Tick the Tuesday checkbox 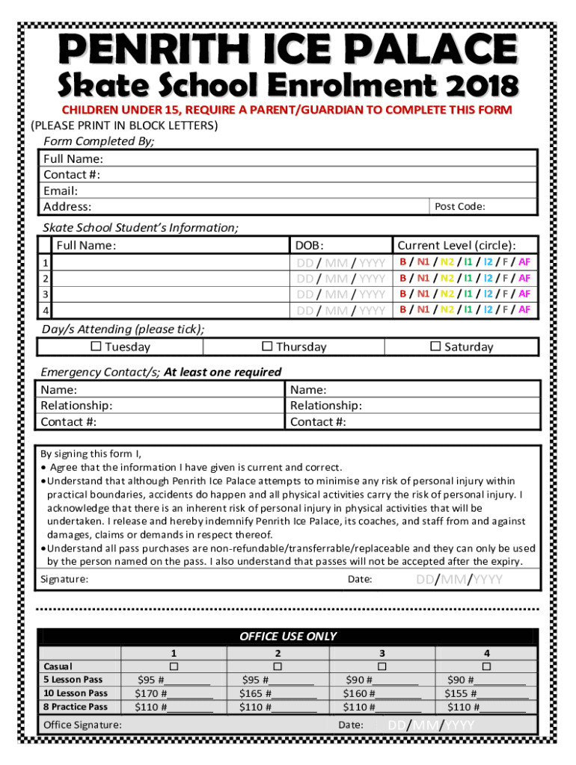coord(96,347)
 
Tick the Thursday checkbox coord(266,347)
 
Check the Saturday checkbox coord(435,347)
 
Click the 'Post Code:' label coord(460,207)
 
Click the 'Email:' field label coord(61,191)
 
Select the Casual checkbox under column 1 coord(174,666)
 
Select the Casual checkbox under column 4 coord(486,666)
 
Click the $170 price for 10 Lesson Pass coord(147,693)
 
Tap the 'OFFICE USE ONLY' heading coord(288,637)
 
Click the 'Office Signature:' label coord(83,725)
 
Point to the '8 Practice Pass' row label coord(75,707)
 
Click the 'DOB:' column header coord(310,245)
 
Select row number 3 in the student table coord(46,294)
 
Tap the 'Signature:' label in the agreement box coord(64,580)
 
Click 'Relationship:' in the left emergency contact coord(76,406)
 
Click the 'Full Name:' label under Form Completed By coord(73,158)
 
